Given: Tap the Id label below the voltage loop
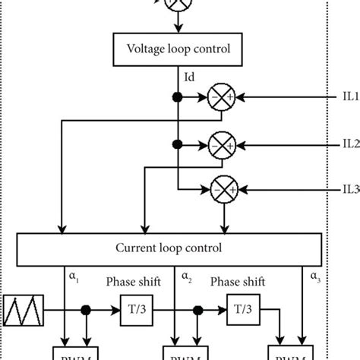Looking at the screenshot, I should (190, 77).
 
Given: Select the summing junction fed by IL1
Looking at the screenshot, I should (221, 98).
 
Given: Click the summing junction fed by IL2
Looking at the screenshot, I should (221, 143).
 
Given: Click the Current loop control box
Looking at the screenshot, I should (179, 248).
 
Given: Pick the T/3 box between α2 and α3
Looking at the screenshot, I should (238, 311).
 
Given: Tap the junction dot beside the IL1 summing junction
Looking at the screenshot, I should (177, 98).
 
